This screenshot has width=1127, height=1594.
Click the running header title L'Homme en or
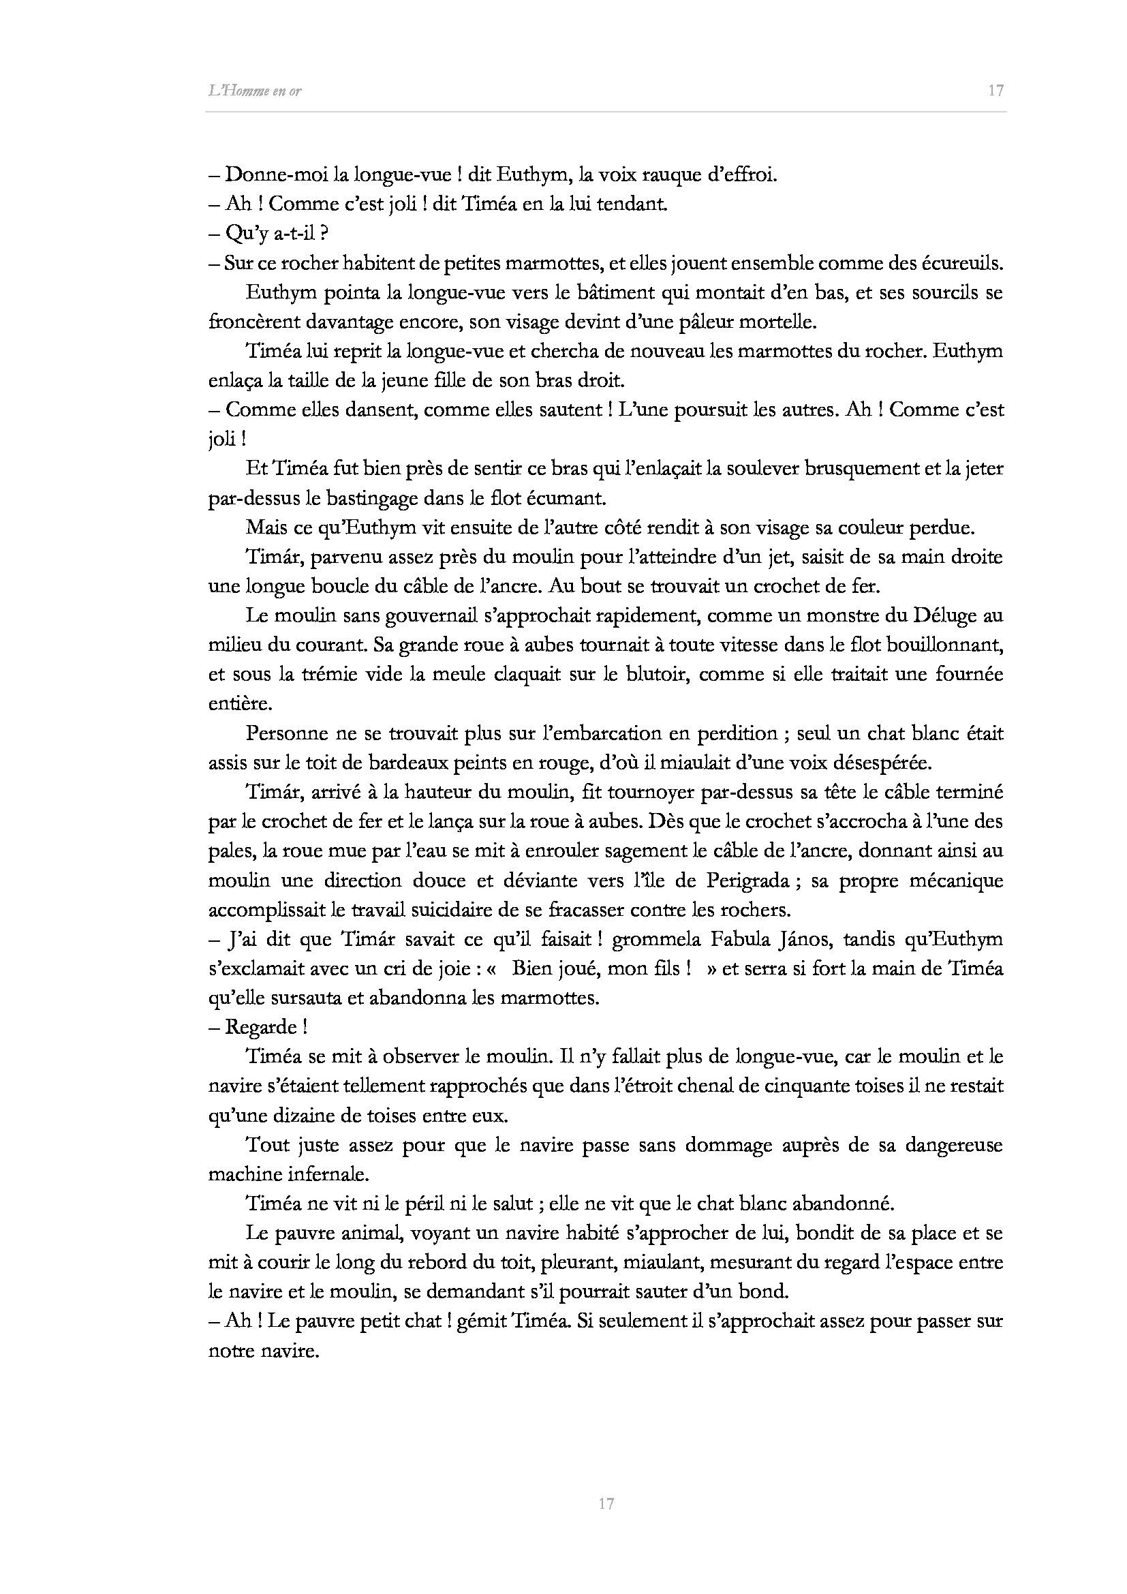coord(255,91)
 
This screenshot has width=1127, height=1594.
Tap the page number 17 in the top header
coord(996,90)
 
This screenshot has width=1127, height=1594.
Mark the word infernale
coord(323,1175)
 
